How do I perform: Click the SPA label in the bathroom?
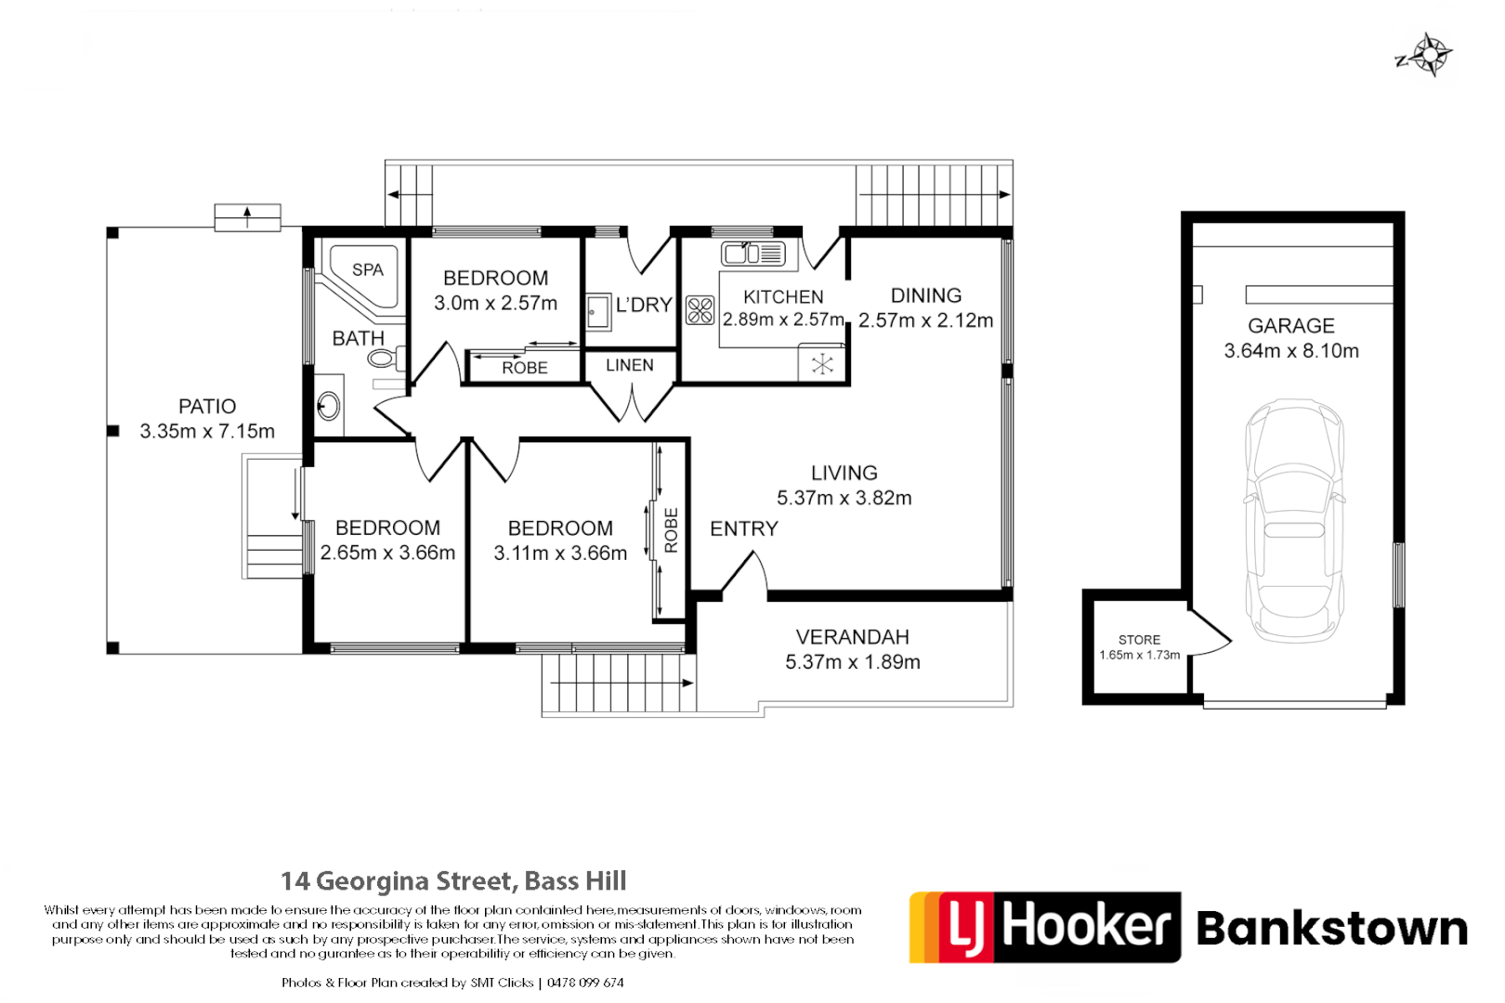(368, 270)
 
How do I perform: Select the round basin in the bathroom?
(328, 406)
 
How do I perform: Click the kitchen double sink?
(753, 253)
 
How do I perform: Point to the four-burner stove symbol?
(700, 310)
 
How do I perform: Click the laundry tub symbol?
(598, 312)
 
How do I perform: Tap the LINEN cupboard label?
(630, 366)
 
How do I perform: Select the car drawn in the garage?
(1294, 520)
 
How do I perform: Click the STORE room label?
(1139, 640)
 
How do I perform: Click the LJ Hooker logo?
(1044, 927)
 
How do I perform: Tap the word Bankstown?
(1331, 929)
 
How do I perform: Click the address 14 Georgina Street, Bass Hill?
(453, 880)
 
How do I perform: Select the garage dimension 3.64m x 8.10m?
(1291, 351)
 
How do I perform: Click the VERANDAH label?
(852, 637)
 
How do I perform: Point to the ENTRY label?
(743, 529)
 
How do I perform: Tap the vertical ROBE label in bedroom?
(671, 530)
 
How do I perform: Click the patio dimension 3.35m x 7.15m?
(207, 432)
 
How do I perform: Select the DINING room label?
(925, 295)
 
